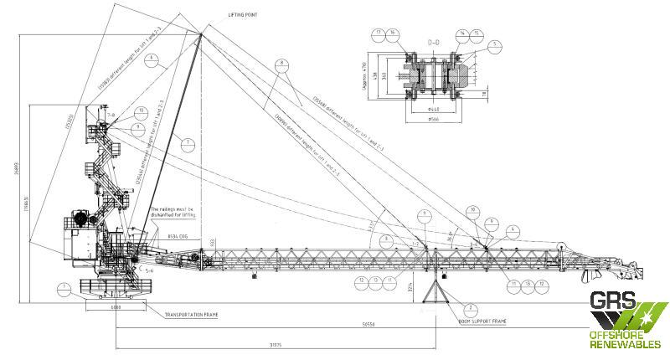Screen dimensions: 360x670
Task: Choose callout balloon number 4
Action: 513,229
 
